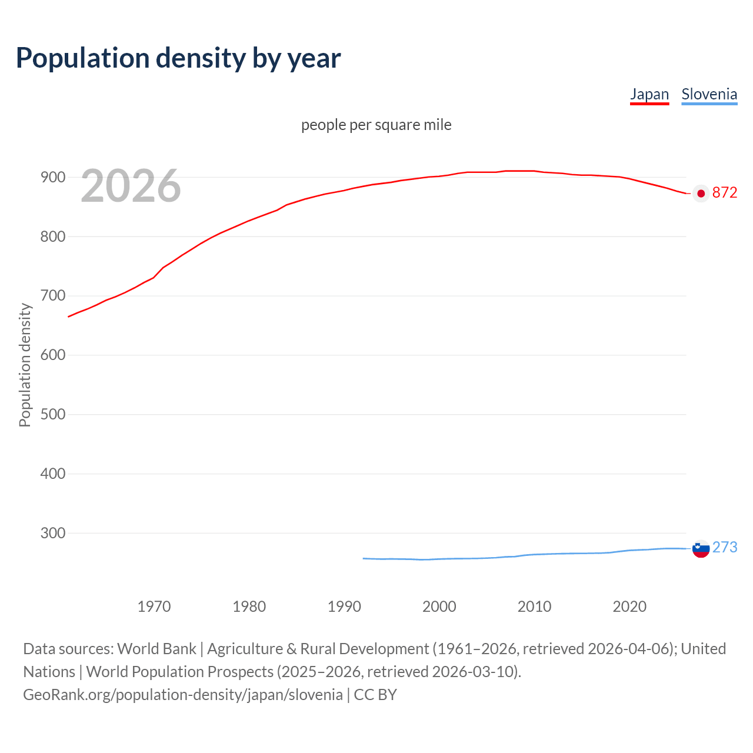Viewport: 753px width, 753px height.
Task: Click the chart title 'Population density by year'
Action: click(178, 58)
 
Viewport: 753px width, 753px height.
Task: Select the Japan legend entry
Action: click(649, 94)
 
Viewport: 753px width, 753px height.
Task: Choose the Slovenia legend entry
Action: click(709, 94)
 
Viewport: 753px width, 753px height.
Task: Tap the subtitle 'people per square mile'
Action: click(376, 125)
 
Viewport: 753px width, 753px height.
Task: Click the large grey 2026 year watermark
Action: click(131, 186)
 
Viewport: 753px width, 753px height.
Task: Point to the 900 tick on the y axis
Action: click(52, 177)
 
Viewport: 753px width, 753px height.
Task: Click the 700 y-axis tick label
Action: click(52, 295)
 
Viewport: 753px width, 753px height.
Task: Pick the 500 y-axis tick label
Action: click(52, 414)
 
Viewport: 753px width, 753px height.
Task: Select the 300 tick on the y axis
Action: click(52, 533)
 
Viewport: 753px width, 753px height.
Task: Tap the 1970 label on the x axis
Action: click(154, 606)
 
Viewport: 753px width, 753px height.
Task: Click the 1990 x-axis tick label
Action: click(344, 606)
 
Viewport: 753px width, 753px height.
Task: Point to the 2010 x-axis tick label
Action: click(534, 606)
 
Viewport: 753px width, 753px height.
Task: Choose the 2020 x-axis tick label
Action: click(629, 606)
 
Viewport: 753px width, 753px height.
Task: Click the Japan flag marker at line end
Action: click(701, 194)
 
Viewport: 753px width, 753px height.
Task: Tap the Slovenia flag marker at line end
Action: click(701, 549)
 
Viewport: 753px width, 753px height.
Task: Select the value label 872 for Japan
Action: click(725, 193)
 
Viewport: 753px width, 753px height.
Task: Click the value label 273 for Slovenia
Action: click(725, 547)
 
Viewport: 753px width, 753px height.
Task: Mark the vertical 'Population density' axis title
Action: click(25, 365)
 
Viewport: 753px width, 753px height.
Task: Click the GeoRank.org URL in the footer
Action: click(182, 695)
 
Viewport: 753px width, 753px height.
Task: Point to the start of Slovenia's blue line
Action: click(364, 558)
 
